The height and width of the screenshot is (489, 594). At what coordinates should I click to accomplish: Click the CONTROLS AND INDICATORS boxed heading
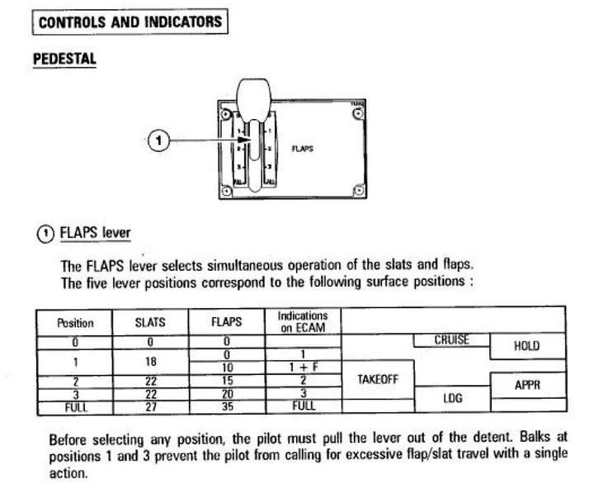tap(130, 21)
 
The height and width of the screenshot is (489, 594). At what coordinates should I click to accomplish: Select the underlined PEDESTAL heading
tap(64, 59)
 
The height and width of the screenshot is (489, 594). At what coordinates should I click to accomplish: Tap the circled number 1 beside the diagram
tap(157, 140)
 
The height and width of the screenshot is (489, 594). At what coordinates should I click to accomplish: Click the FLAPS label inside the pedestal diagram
tap(303, 150)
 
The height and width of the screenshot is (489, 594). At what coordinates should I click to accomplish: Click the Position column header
tap(74, 323)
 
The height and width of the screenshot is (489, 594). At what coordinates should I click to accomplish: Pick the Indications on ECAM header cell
tap(303, 321)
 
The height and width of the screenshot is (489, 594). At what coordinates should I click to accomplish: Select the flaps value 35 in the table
tap(226, 406)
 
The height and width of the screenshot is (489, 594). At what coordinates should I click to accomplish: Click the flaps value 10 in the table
tap(226, 367)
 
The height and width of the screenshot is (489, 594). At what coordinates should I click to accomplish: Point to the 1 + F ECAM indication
tap(303, 367)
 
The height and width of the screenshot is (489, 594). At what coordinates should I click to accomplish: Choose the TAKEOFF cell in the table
tap(377, 379)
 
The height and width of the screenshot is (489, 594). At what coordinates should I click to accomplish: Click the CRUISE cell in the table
tap(450, 339)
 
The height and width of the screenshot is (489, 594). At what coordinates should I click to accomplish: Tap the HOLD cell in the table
tap(526, 347)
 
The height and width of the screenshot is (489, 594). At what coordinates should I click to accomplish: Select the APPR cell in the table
tap(526, 384)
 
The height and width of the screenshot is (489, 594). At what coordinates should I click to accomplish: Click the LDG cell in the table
tap(452, 398)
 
